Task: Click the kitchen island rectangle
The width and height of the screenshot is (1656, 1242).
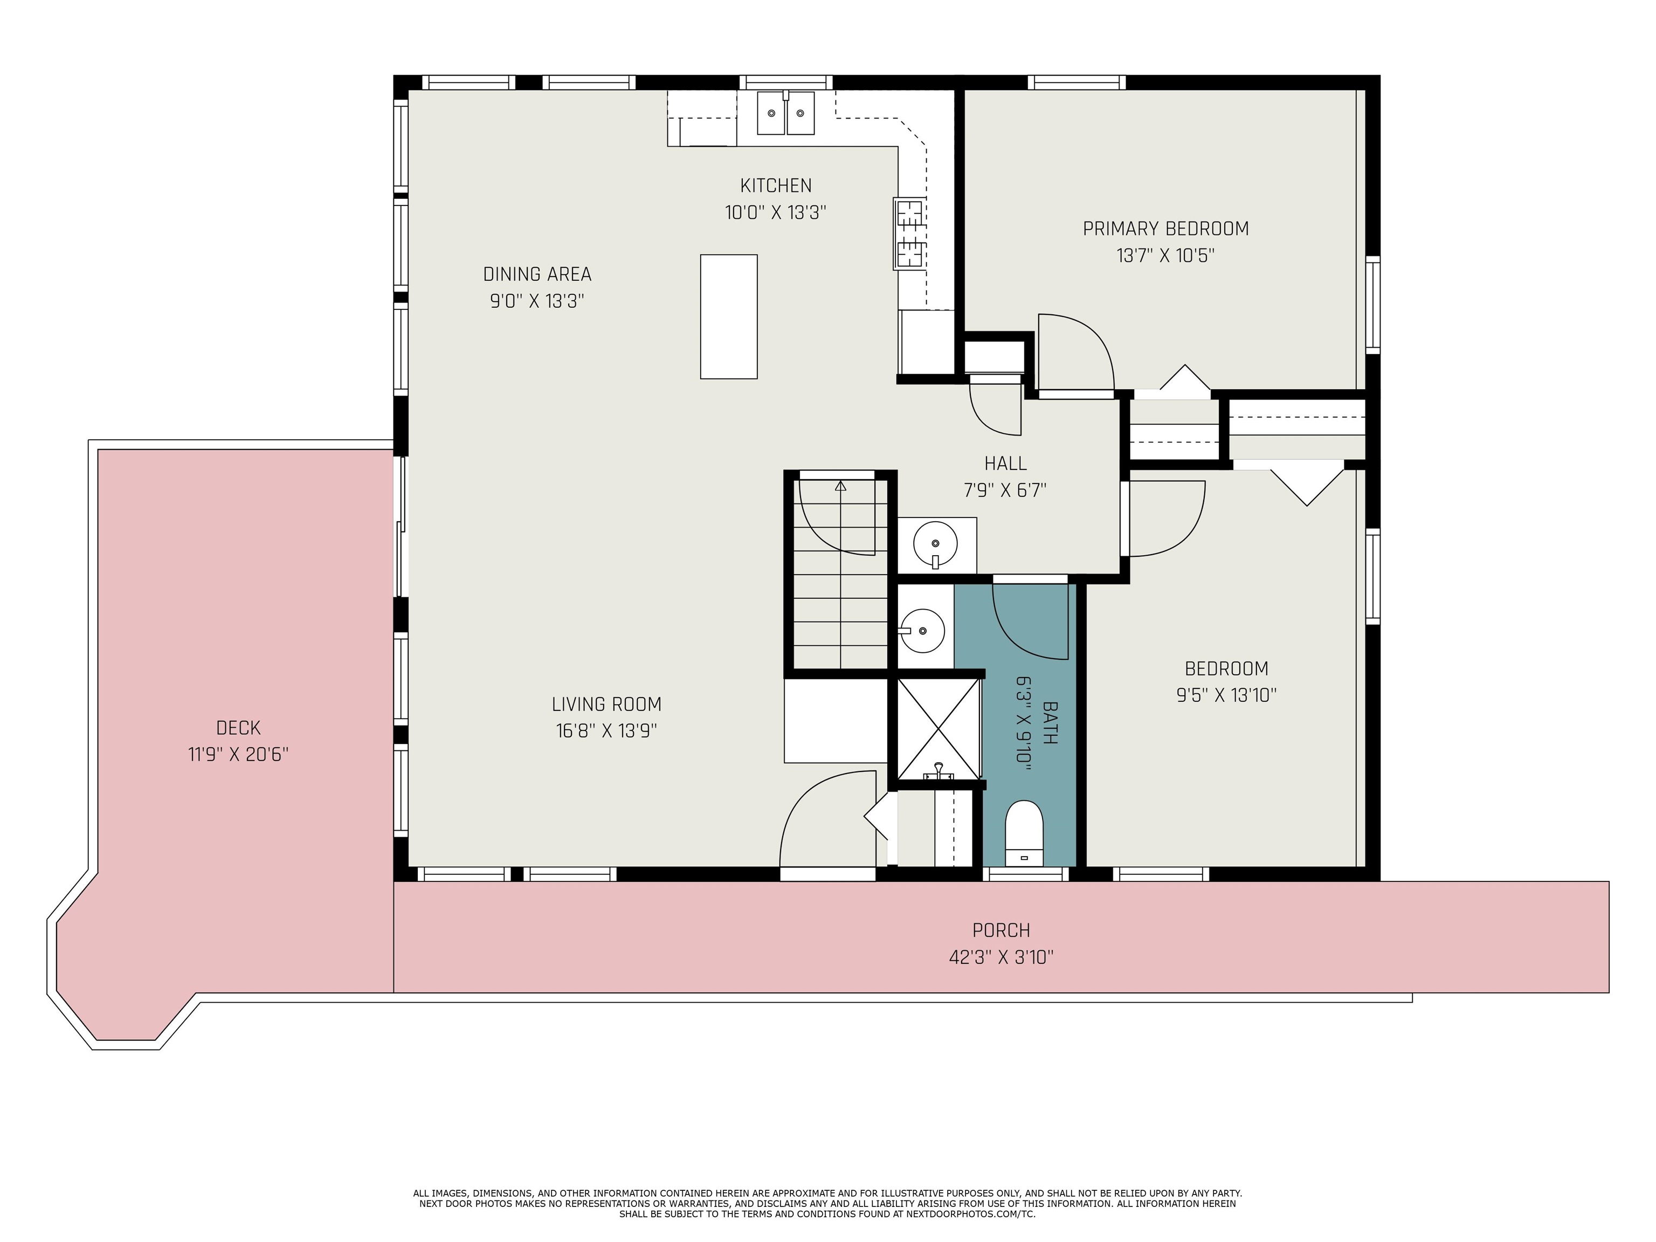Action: [x=728, y=316]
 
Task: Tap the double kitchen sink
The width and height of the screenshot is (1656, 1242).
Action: [x=785, y=113]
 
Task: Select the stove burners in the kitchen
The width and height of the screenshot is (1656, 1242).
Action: [x=909, y=233]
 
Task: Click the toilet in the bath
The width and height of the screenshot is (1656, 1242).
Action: [x=1023, y=833]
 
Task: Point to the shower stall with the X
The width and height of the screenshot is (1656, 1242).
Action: [x=938, y=728]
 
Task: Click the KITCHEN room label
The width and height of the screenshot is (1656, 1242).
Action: [x=776, y=185]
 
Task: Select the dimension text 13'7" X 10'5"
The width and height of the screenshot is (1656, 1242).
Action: [x=1165, y=256]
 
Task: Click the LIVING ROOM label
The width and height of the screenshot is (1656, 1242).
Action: [x=606, y=705]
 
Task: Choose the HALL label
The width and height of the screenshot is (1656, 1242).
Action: [x=1005, y=464]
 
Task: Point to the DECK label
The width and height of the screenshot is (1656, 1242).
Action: [x=238, y=728]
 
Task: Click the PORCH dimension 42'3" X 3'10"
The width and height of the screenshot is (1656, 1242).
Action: [x=1001, y=957]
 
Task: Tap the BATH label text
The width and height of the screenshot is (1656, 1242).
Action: [x=1050, y=722]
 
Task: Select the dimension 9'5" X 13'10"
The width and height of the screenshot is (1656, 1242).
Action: [x=1226, y=695]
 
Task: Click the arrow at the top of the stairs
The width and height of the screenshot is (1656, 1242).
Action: [x=841, y=486]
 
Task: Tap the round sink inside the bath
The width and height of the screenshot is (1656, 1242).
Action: [x=922, y=630]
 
